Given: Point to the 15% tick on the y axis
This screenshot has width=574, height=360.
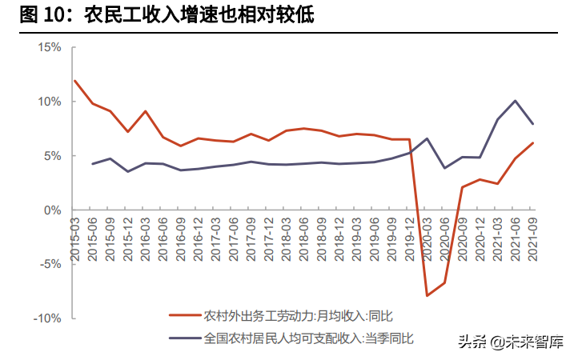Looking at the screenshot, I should point(49,47).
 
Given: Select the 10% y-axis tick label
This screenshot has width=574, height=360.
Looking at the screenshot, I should point(49,102).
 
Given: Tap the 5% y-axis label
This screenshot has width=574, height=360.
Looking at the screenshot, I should point(51,156).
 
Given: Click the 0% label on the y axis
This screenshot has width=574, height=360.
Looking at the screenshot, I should point(51,210).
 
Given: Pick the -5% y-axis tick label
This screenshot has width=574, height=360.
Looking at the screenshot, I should point(50,264).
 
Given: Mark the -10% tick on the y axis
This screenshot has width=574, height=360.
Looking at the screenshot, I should point(47,318).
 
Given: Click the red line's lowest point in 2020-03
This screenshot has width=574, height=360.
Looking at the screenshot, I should point(427,295).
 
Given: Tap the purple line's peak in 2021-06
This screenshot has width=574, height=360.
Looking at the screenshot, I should point(515,101).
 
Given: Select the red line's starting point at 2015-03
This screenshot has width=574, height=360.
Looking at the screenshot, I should point(74,81).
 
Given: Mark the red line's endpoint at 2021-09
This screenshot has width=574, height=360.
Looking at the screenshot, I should point(532,143).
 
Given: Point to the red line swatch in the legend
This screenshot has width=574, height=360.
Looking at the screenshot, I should point(184,314).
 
